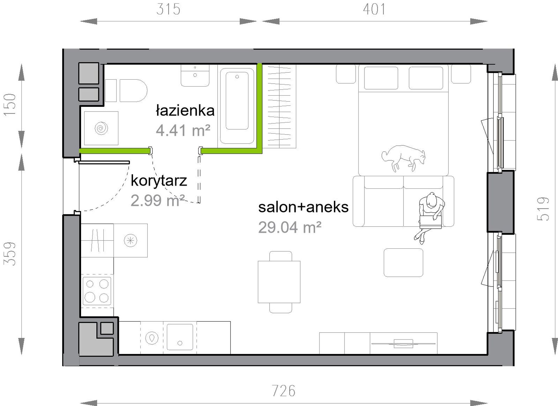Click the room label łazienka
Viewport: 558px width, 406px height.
tap(185, 110)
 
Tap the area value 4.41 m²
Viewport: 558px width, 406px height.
tap(183, 130)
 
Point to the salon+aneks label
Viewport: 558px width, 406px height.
tap(303, 207)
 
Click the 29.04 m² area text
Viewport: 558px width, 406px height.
tap(290, 227)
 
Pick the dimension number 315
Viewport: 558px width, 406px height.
tap(168, 9)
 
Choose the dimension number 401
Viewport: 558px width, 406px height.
tap(374, 9)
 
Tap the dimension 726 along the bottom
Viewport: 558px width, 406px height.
tap(283, 391)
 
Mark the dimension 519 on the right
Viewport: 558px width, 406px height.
tap(543, 209)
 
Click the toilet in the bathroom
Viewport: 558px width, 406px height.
tap(126, 90)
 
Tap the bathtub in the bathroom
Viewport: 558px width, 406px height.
tap(237, 106)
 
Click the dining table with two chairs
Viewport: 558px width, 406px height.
tap(279, 282)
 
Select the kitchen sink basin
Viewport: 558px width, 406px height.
tap(180, 337)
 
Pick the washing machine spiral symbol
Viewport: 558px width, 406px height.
tap(101, 128)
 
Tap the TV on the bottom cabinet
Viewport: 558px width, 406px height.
tap(403, 343)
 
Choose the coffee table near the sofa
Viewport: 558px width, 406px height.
tap(404, 263)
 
